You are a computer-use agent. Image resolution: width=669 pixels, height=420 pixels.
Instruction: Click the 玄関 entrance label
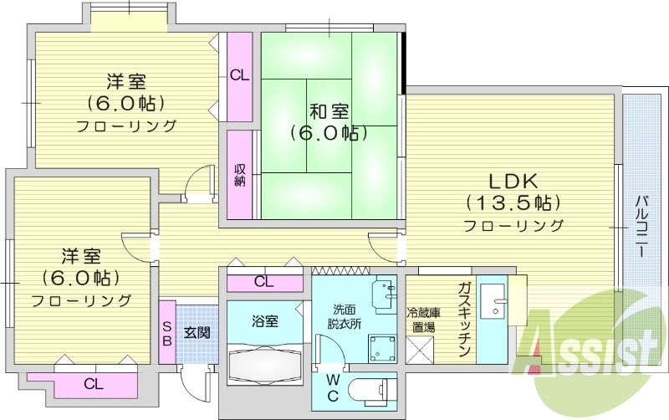tap(197, 332)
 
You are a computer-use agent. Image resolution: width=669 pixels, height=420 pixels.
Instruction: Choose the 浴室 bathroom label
tap(265, 320)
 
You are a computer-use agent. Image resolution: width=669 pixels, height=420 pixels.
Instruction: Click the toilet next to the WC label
tap(369, 392)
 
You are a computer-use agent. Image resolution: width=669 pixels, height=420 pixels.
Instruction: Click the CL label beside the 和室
tap(240, 74)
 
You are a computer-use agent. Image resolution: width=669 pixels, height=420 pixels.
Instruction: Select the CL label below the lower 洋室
tap(94, 385)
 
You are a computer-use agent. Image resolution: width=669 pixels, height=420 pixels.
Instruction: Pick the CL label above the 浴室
tap(264, 282)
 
